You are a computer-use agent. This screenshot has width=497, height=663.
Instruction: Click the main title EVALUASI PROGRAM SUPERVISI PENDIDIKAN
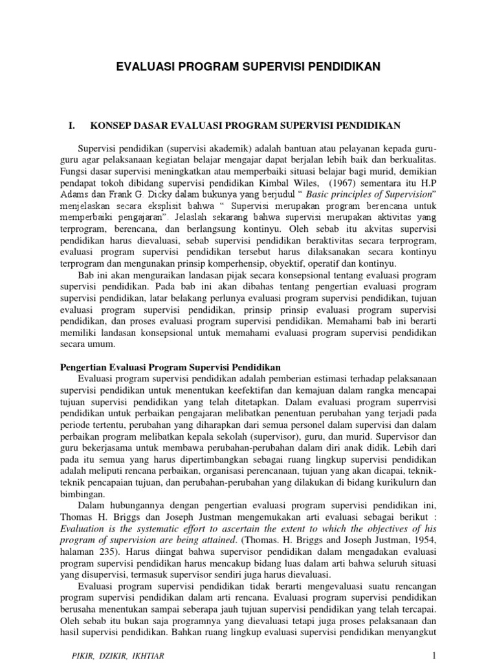point(248,66)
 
